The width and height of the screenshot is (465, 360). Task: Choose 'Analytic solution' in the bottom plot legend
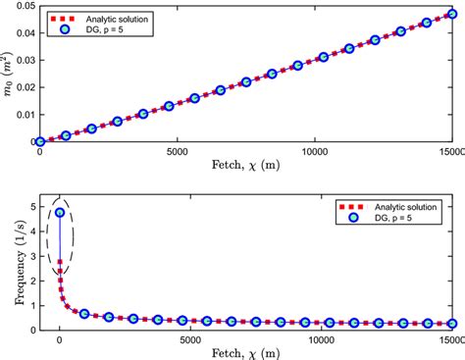pyautogui.click(x=402, y=207)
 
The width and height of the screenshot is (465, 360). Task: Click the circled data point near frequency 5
pyautogui.click(x=60, y=212)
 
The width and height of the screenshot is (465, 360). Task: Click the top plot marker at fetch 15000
pyautogui.click(x=452, y=15)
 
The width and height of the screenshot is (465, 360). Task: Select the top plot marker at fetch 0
pyautogui.click(x=40, y=141)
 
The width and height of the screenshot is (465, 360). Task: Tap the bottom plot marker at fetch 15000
pyautogui.click(x=452, y=323)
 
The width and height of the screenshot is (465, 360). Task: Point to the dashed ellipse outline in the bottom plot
pyautogui.click(x=47, y=235)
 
